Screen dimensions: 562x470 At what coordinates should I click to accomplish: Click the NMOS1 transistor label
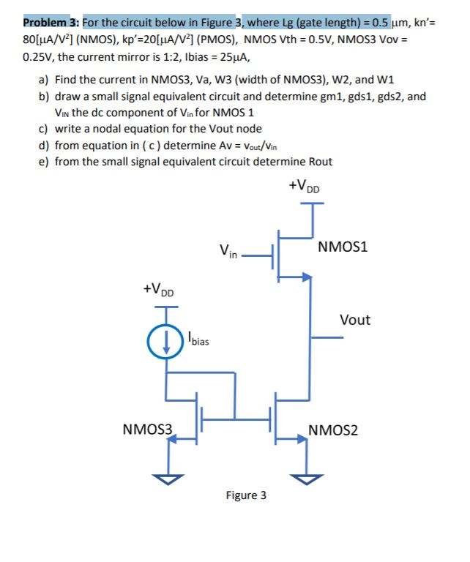click(343, 247)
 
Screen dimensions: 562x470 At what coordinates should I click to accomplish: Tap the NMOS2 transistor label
click(333, 430)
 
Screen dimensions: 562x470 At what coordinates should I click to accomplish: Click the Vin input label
click(228, 253)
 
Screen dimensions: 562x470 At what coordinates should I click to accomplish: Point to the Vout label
click(355, 320)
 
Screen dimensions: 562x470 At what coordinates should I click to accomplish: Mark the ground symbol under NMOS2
click(308, 478)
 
